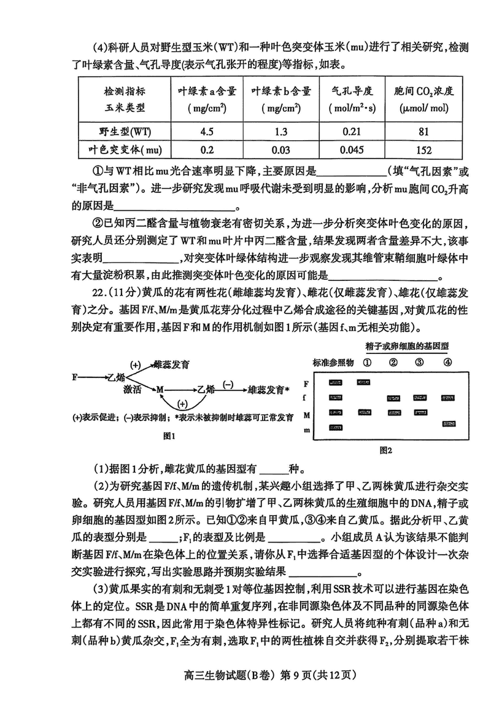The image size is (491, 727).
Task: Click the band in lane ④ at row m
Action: point(447,424)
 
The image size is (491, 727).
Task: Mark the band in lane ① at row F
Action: point(364,382)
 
